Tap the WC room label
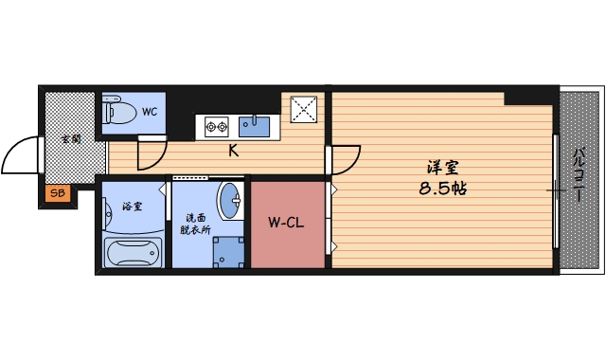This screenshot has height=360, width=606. [150, 111]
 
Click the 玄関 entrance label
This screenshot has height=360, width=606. [70, 138]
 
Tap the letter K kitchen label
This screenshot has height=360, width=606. [231, 150]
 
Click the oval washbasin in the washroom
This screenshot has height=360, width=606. [229, 200]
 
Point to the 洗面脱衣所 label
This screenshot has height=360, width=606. [197, 222]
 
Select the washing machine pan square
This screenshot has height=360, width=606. [228, 251]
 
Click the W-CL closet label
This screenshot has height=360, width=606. [285, 224]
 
